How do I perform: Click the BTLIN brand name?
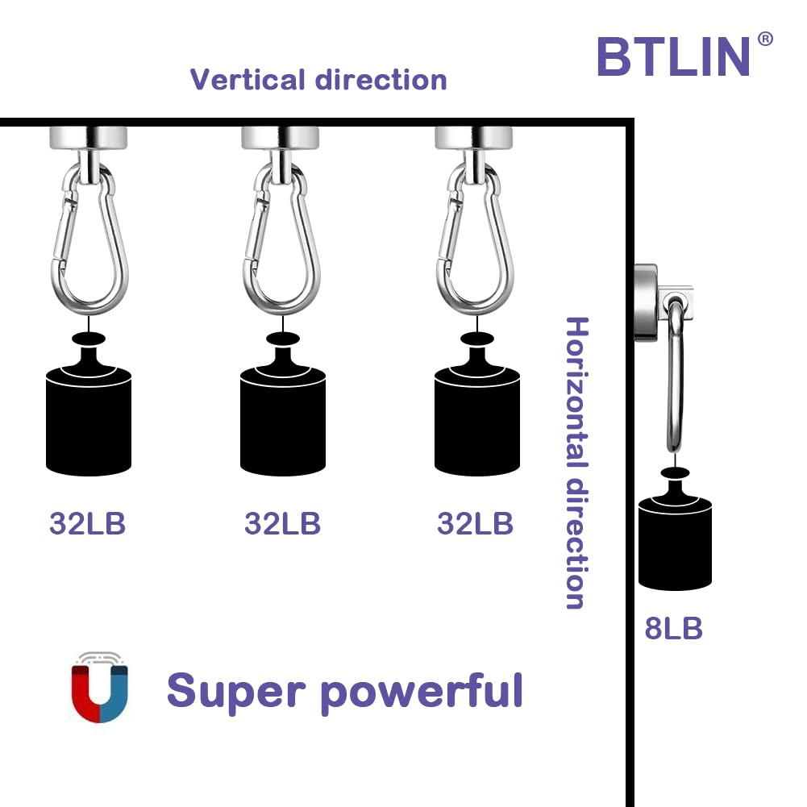click(x=673, y=56)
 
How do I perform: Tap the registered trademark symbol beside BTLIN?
click(x=765, y=40)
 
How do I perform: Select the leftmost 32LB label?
click(x=88, y=523)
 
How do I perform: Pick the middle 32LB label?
click(x=282, y=523)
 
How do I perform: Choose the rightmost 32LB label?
click(x=475, y=523)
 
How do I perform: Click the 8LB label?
click(x=674, y=628)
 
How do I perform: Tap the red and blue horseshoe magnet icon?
click(x=99, y=687)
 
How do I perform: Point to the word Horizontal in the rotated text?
click(x=576, y=393)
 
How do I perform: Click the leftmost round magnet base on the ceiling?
click(x=88, y=138)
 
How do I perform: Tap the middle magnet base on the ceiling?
click(x=280, y=138)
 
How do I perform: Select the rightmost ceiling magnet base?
click(x=473, y=138)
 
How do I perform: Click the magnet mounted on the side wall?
click(x=646, y=302)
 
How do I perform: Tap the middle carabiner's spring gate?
click(x=255, y=227)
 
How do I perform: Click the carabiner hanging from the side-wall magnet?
click(x=676, y=376)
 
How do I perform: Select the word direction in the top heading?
click(x=381, y=80)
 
